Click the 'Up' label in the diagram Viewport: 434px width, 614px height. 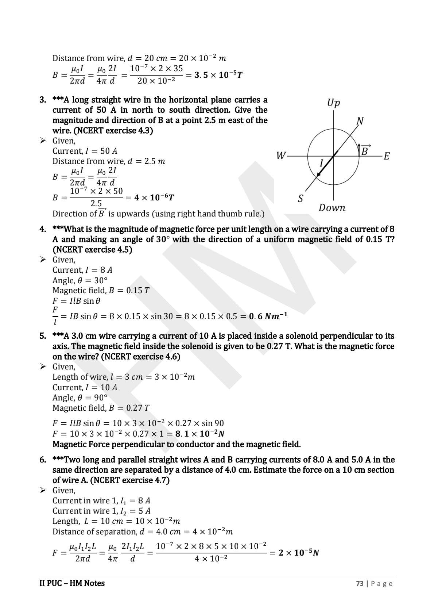333,103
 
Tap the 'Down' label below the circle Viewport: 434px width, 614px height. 332,208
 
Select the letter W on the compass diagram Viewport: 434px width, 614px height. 280,156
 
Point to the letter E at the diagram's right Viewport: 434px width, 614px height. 387,156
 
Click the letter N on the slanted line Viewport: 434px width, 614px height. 360,121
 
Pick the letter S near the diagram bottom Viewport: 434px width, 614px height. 301,199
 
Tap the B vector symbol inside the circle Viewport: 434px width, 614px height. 364,150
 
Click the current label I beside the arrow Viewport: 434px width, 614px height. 321,163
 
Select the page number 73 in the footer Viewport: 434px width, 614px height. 360,584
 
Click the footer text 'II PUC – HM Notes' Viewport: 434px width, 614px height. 72,583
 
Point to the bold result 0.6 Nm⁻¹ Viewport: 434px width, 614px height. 268,316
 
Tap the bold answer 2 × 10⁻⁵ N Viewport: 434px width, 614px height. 299,553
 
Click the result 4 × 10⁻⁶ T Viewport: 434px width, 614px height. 154,197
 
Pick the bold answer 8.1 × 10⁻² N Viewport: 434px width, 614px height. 199,434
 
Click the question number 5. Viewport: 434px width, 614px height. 43,336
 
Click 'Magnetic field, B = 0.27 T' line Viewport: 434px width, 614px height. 101,408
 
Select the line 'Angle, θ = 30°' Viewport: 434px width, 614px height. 80,280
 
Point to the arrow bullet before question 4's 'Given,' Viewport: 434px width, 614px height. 43,260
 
